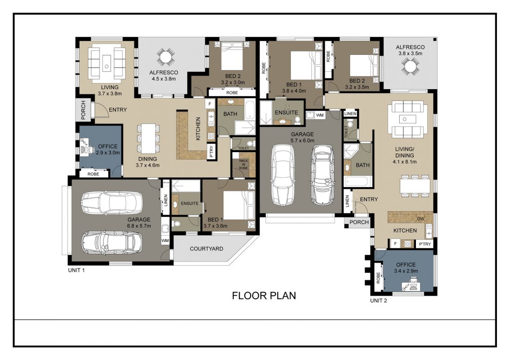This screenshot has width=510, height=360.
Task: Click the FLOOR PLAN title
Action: tap(264, 296)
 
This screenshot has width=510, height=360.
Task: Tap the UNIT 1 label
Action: tap(77, 270)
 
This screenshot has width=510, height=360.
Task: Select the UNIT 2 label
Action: tap(379, 301)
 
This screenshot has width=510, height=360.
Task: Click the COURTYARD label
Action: tap(207, 249)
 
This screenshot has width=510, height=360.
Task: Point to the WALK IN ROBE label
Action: tap(243, 164)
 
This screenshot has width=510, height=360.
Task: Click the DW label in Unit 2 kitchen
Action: tap(420, 219)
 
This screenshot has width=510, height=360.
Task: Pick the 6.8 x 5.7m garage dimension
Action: tap(139, 226)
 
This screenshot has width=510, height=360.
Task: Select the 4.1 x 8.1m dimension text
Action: tap(405, 162)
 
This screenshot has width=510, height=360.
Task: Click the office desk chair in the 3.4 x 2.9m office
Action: tap(413, 281)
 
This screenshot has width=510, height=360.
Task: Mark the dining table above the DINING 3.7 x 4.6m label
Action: tap(149, 138)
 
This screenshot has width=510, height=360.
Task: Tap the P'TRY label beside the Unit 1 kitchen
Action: tap(212, 151)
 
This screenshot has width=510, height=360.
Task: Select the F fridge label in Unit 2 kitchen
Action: tap(396, 243)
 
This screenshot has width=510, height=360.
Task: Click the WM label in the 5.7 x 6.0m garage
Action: tap(320, 115)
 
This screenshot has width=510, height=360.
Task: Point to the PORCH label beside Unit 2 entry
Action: tap(359, 222)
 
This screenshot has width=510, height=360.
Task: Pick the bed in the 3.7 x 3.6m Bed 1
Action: tap(239, 205)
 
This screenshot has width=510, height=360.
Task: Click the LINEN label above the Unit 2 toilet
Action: tap(350, 113)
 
